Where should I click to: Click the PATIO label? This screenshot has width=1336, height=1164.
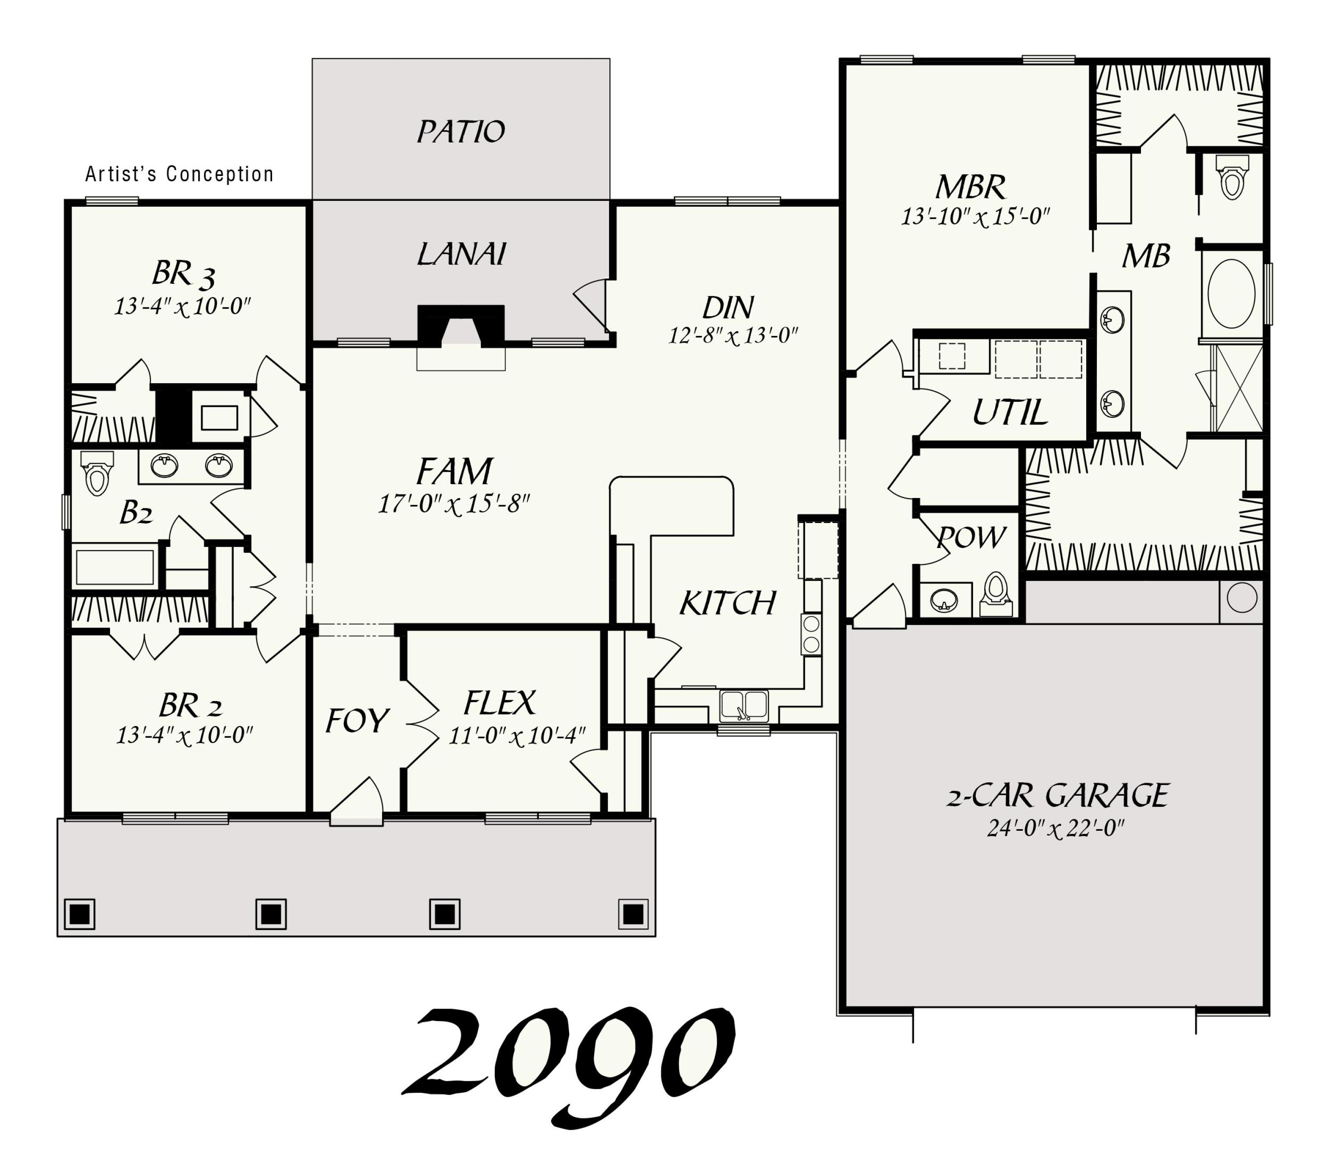pyautogui.click(x=460, y=132)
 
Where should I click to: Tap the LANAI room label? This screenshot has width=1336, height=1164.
pyautogui.click(x=460, y=254)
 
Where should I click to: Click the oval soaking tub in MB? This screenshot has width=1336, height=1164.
pyautogui.click(x=1231, y=294)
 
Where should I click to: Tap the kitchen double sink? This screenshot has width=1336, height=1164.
pyautogui.click(x=744, y=706)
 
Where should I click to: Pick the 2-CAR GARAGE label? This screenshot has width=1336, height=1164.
pyautogui.click(x=1057, y=796)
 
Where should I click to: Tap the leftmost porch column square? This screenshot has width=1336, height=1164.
pyautogui.click(x=79, y=914)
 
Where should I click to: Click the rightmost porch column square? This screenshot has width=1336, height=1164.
pyautogui.click(x=633, y=914)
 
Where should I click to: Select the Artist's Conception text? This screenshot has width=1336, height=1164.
pyautogui.click(x=179, y=174)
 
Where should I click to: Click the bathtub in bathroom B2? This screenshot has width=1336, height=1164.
pyautogui.click(x=115, y=567)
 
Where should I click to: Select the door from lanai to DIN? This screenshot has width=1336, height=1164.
pyautogui.click(x=592, y=305)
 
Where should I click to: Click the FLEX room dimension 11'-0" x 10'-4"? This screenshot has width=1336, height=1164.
pyautogui.click(x=517, y=736)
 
